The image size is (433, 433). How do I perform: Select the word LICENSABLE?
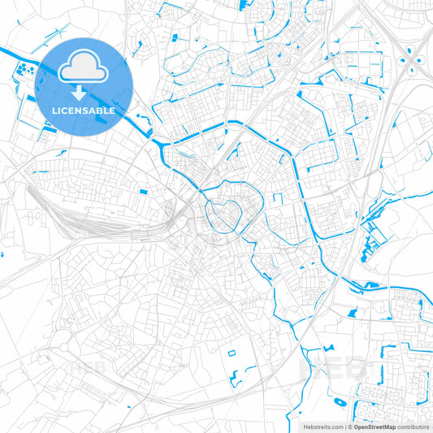(x=84, y=110)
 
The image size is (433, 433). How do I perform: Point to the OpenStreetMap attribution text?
(x=375, y=426)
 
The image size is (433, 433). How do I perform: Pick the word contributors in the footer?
(x=414, y=426)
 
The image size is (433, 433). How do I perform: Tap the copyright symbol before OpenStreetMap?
(x=350, y=426)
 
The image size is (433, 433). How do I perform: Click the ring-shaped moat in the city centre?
(x=221, y=214)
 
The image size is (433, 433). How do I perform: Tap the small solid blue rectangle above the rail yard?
(x=143, y=192)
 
